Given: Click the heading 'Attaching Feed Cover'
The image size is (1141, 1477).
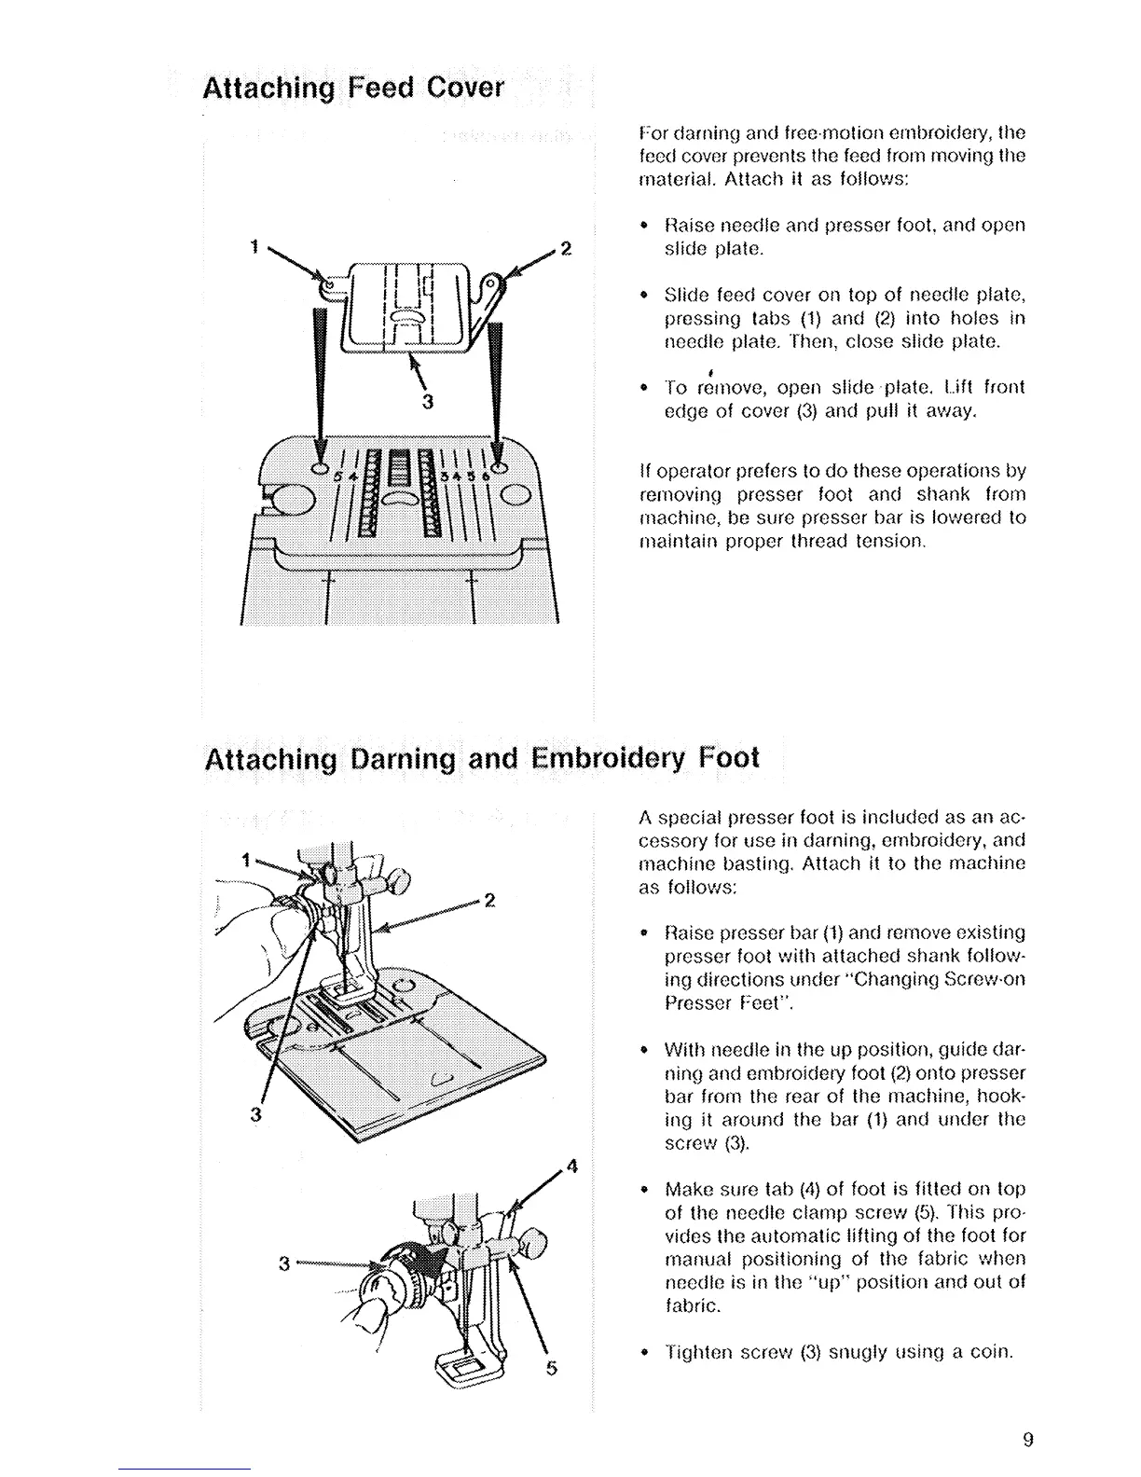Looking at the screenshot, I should click(353, 89).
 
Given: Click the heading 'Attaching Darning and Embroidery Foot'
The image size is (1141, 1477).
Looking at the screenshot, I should click(481, 757).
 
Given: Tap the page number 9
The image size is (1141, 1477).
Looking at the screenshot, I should click(1027, 1440).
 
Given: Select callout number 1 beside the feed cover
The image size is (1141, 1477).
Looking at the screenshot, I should click(253, 247).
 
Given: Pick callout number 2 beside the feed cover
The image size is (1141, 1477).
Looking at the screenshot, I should click(564, 250).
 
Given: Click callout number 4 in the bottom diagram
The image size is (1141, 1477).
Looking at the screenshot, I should click(572, 1166).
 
